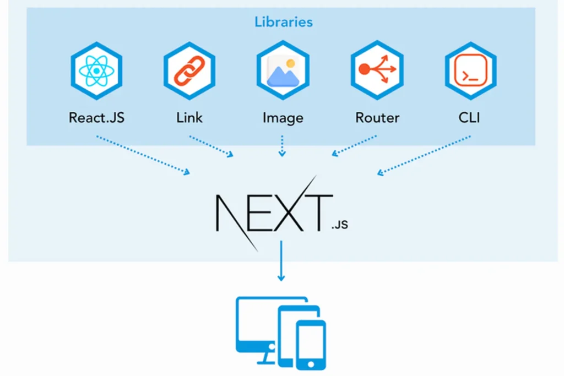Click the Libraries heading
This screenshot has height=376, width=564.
pyautogui.click(x=283, y=22)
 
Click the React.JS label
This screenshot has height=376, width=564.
pyautogui.click(x=96, y=118)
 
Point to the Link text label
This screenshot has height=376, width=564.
pyautogui.click(x=189, y=118)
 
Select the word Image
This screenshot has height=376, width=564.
pyautogui.click(x=283, y=118)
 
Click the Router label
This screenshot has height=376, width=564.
pyautogui.click(x=377, y=118)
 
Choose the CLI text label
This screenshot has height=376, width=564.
pyautogui.click(x=470, y=118)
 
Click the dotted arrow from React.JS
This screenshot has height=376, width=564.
pyautogui.click(x=143, y=155)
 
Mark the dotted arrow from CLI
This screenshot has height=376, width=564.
pyautogui.click(x=424, y=155)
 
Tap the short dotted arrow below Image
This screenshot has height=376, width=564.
pyautogui.click(x=282, y=146)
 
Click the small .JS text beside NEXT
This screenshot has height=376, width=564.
pyautogui.click(x=339, y=225)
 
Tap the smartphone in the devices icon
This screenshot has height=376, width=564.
pyautogui.click(x=311, y=344)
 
